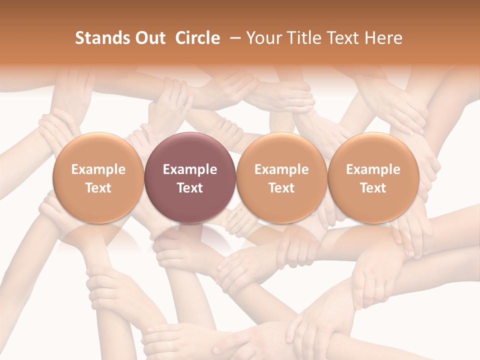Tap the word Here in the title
[383, 38]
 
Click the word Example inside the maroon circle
[190, 169]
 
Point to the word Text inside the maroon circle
[190, 188]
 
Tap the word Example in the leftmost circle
[98, 169]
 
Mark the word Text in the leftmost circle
[98, 188]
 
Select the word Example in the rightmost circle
[373, 169]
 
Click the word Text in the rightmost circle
[373, 188]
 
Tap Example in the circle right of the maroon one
[281, 169]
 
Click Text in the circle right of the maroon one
[281, 188]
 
